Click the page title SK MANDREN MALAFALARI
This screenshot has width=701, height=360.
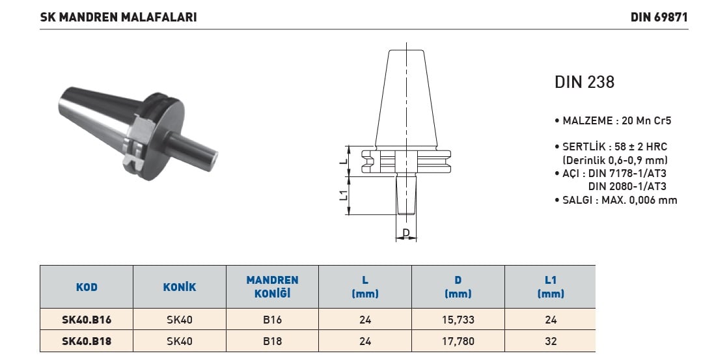[x=118, y=17]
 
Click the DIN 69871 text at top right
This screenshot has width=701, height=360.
[x=659, y=17]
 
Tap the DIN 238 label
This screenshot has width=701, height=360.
[x=584, y=82]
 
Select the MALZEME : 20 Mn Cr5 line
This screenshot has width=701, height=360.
[x=612, y=120]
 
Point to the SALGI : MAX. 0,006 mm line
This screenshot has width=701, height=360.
[x=616, y=200]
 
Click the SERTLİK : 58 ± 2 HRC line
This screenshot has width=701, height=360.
[x=611, y=146]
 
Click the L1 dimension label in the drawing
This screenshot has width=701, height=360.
[x=344, y=195]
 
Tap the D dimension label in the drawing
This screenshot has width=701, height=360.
[x=406, y=233]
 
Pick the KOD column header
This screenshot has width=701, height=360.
[x=87, y=287]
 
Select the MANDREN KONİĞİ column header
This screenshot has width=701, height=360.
[x=272, y=286]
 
